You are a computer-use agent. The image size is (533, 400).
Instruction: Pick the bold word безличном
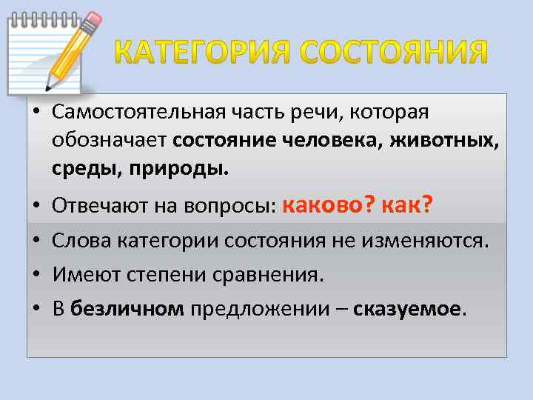click(127, 309)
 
